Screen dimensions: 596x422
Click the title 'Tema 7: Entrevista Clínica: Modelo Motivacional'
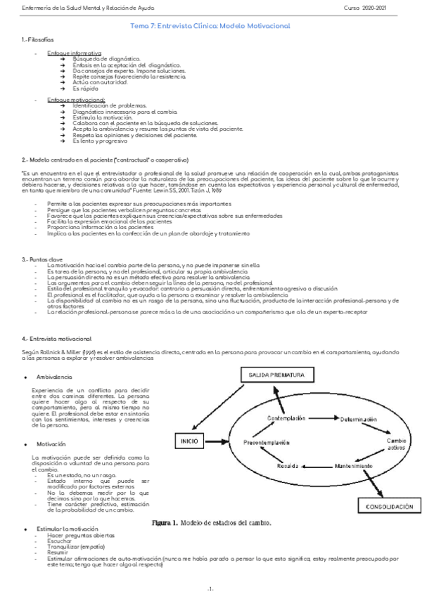click(x=211, y=25)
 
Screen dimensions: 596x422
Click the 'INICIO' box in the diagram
click(x=188, y=441)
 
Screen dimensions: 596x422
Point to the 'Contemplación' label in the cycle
click(x=286, y=419)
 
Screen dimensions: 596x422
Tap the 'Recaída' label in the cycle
click(x=288, y=466)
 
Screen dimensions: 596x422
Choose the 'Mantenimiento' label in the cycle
click(x=354, y=466)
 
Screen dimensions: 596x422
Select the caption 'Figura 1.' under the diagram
click(x=165, y=524)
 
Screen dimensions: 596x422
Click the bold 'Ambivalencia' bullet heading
click(x=54, y=377)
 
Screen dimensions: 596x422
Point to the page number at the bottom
click(x=211, y=588)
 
